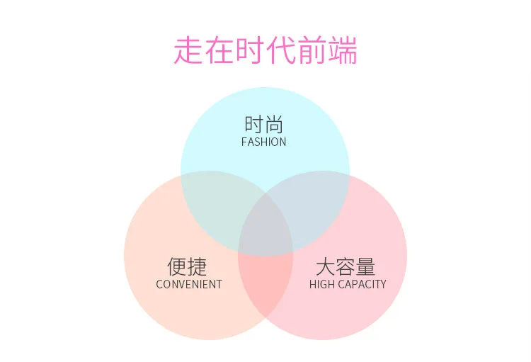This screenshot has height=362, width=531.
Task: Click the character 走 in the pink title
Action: coord(188,50)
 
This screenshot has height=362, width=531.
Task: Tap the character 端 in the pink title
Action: coord(343,50)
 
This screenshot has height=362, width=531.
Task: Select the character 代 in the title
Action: coord(280,50)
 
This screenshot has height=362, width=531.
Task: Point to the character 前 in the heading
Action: coord(312,50)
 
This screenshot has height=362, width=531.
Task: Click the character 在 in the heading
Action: coord(219,50)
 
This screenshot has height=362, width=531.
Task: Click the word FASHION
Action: coord(264,142)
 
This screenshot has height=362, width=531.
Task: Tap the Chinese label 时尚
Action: coord(264,125)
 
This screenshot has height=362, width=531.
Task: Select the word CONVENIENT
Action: coord(189,284)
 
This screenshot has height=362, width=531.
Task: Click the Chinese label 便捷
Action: coord(187,267)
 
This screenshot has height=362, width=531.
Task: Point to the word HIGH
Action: coord(322,284)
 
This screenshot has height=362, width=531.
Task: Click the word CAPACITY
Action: coord(362,284)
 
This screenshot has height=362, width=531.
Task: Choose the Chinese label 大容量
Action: coord(346,267)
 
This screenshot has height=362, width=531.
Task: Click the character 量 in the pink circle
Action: coord(365,267)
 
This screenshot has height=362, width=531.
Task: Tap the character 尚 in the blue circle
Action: coord(274,125)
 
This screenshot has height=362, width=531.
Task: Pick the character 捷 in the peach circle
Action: coord(197,267)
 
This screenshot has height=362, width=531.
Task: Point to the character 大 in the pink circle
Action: coord(326,267)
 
